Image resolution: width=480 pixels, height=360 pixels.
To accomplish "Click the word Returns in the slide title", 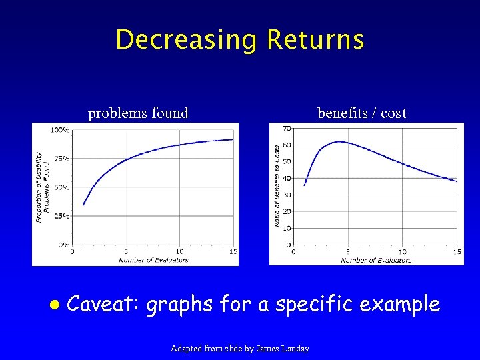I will [315, 40].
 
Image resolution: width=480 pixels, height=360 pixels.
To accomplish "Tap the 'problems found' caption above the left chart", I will [138, 113].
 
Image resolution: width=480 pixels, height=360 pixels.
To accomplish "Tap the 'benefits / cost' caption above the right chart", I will [361, 113].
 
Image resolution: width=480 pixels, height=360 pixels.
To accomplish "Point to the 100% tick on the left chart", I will [60, 130].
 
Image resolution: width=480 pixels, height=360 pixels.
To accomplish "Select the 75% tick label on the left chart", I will [61, 159].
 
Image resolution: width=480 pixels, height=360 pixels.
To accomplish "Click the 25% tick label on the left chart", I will [61, 216].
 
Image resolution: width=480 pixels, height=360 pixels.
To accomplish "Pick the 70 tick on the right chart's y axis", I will [286, 128].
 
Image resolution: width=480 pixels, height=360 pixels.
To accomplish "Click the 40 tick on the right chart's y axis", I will [286, 178].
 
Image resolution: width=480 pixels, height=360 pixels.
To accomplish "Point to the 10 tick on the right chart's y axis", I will [286, 228].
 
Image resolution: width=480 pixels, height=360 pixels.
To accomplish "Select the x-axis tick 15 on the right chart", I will [457, 252].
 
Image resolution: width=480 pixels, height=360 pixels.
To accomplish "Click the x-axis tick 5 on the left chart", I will [126, 252].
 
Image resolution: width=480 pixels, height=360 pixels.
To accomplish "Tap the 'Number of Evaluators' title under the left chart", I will [154, 260].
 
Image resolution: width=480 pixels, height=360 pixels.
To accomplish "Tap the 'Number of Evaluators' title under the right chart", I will [375, 260].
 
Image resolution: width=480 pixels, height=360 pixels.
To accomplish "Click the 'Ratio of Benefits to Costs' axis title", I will [277, 186].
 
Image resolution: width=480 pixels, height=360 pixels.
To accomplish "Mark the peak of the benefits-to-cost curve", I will [339, 141].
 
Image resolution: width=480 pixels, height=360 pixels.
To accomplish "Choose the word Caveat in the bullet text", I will [103, 305].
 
